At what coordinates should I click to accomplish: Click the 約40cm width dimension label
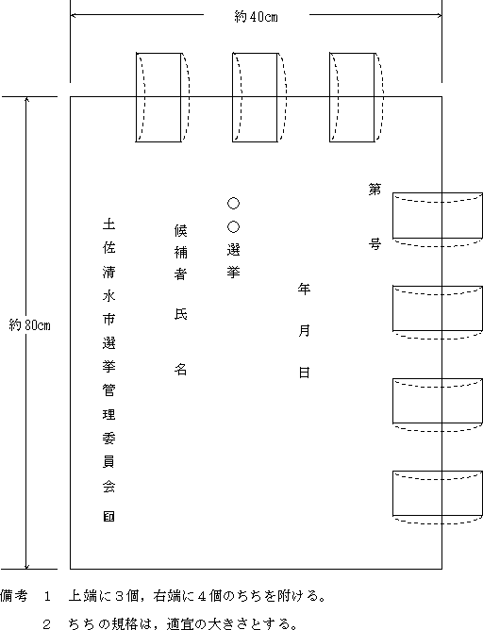(256, 16)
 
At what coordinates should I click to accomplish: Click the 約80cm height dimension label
(30, 325)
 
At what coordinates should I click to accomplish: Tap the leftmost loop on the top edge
(136, 97)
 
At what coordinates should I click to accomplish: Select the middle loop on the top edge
(233, 97)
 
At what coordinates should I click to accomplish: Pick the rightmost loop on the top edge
(330, 97)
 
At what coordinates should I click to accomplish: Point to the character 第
(375, 190)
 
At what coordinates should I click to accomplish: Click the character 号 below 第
(375, 244)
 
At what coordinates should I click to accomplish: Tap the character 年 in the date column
(304, 289)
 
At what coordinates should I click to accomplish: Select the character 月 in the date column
(304, 331)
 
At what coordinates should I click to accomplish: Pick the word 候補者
(181, 253)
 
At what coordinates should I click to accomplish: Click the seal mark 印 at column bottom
(108, 517)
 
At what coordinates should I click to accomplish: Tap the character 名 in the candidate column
(181, 370)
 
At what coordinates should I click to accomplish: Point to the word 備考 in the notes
(14, 595)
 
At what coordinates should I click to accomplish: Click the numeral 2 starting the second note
(46, 624)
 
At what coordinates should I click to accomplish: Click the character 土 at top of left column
(108, 224)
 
